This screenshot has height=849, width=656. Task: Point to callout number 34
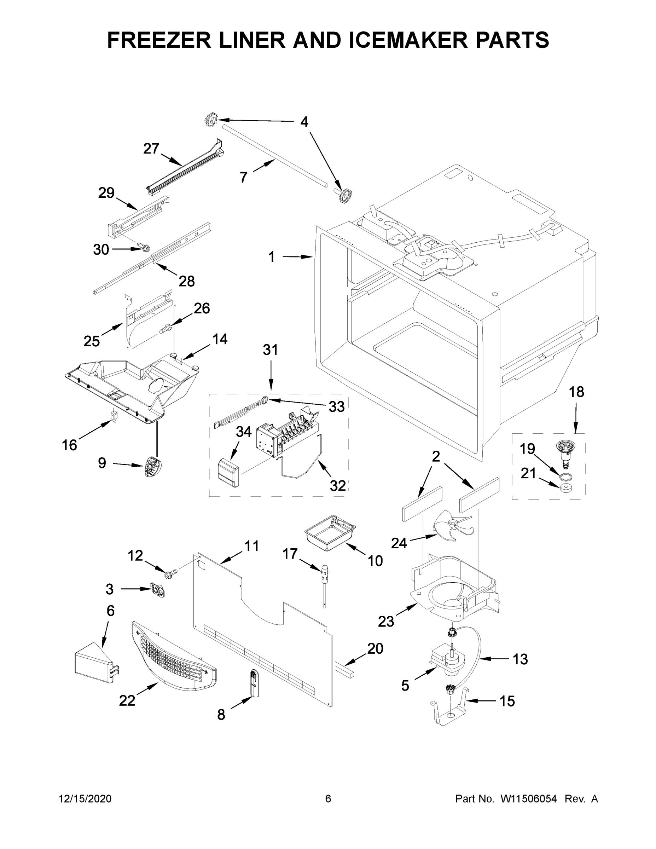pyautogui.click(x=244, y=432)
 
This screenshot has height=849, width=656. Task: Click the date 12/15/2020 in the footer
pyautogui.click(x=85, y=799)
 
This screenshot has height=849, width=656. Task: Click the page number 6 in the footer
pyautogui.click(x=328, y=799)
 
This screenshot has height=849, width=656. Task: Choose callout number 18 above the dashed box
pyautogui.click(x=576, y=392)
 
